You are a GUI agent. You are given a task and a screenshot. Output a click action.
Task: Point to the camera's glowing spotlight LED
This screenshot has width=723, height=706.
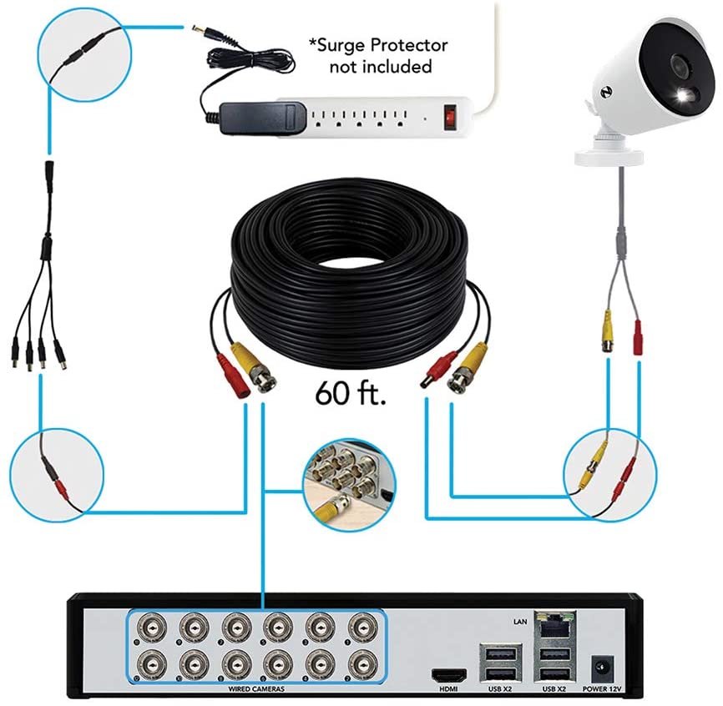click(685, 98)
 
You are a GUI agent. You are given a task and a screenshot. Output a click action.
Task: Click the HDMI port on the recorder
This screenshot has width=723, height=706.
click(448, 676)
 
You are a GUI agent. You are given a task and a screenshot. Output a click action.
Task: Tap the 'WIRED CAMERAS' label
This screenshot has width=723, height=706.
click(256, 689)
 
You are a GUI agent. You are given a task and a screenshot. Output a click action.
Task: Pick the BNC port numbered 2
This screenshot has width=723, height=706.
click(361, 665)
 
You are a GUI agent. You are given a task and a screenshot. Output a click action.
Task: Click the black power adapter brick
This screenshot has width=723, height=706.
click(263, 119)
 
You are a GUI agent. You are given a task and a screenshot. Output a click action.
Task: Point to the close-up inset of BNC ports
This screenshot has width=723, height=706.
click(349, 486)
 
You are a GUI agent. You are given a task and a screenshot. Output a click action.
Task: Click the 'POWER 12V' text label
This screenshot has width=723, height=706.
click(602, 689)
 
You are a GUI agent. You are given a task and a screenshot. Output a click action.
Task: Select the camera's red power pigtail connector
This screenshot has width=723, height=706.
click(638, 338)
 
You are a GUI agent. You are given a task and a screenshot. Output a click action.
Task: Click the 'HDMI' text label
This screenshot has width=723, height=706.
click(448, 689)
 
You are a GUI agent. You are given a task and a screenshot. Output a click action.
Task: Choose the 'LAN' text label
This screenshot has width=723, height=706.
click(519, 622)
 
